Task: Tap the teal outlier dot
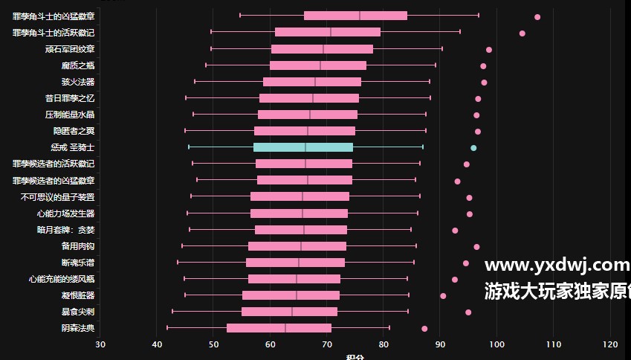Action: (473, 148)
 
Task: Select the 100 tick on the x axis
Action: (496, 344)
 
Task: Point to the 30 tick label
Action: (100, 344)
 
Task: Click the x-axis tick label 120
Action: (610, 344)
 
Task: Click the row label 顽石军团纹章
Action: (70, 49)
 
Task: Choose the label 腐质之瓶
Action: (78, 65)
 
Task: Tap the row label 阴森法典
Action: (78, 328)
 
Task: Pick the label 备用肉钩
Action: (78, 246)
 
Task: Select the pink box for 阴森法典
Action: (279, 328)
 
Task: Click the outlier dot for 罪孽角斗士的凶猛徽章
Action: (537, 16)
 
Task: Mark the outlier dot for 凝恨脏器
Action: (443, 296)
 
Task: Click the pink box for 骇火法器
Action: (312, 82)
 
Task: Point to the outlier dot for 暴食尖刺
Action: (468, 312)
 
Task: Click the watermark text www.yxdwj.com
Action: (557, 265)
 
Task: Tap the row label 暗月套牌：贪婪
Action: (65, 230)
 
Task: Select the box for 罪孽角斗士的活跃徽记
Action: (328, 32)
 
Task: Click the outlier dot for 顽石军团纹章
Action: (489, 50)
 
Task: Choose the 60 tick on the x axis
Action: (270, 344)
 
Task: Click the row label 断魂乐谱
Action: (78, 263)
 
